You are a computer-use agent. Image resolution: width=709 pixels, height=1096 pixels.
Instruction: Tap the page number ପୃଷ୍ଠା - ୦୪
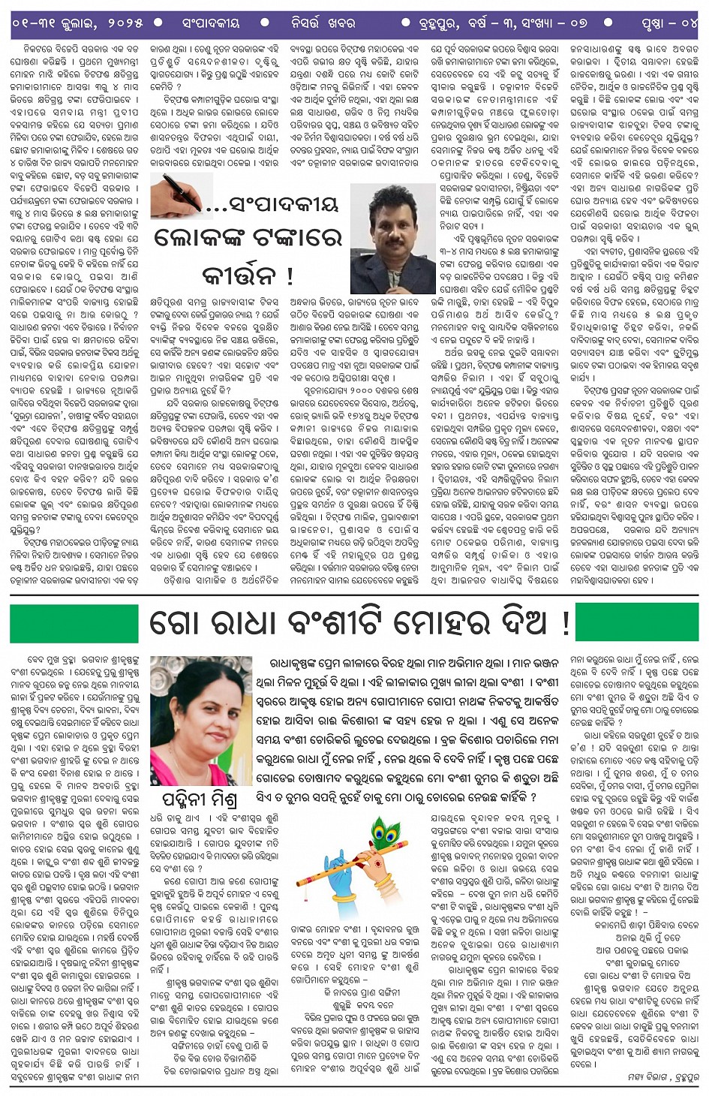coord(668,23)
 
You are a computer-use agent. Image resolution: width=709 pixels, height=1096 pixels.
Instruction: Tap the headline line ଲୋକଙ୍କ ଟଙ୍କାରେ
coord(248,238)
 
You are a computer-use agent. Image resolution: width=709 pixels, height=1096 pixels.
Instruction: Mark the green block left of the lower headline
coord(74,623)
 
